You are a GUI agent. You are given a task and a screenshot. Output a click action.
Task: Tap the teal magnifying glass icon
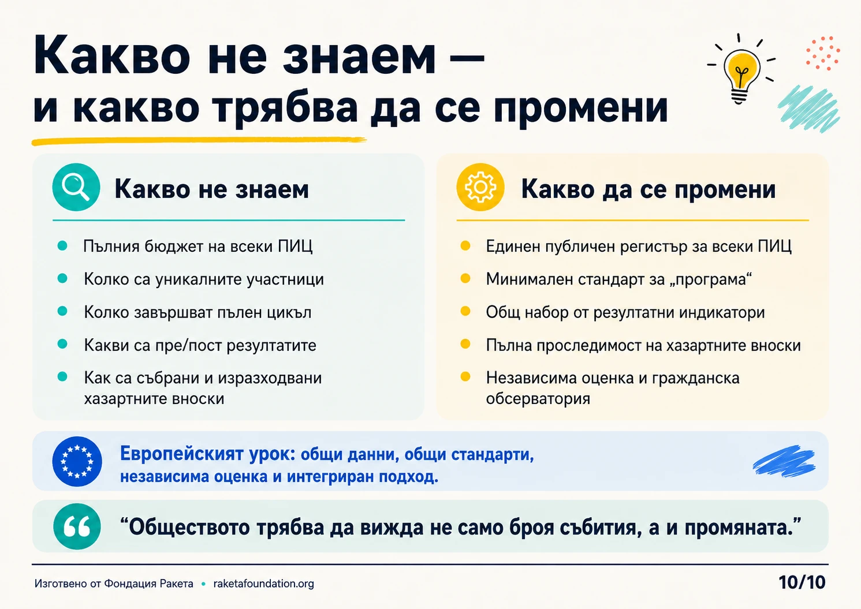point(76,187)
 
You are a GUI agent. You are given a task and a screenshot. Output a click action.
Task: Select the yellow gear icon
point(480,187)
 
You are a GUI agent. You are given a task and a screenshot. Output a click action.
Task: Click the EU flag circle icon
point(77,461)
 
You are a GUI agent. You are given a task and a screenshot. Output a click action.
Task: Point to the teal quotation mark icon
point(77,526)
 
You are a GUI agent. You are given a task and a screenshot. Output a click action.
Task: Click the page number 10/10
point(802,582)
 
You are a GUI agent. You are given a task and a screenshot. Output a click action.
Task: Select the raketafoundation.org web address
point(264,584)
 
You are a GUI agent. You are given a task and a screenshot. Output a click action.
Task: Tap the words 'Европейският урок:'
point(207,454)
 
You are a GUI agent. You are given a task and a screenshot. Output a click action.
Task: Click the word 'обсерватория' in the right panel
point(538,399)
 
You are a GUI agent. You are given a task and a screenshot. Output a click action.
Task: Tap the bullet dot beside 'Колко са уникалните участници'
point(62,278)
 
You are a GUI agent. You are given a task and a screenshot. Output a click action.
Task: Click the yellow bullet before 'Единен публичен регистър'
point(465,246)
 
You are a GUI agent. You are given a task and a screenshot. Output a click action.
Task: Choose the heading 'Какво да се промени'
point(648,189)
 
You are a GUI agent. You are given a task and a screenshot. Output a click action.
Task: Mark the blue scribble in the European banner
point(784,461)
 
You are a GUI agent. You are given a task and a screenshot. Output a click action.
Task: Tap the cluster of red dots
point(823,54)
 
